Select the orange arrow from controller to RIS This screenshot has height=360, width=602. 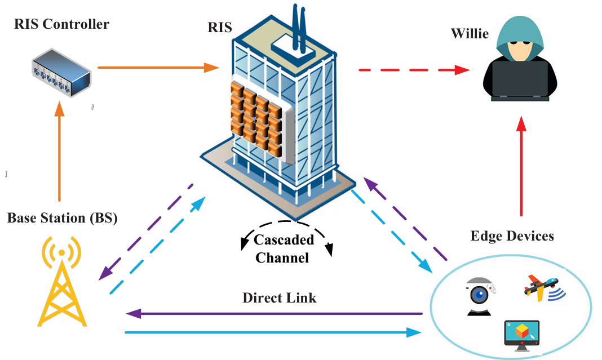click(158, 68)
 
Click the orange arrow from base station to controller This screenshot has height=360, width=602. click(60, 152)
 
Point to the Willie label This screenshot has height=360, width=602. click(469, 33)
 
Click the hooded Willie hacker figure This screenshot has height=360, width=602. click(520, 62)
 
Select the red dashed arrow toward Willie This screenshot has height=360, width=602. click(414, 70)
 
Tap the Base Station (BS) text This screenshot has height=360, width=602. click(63, 218)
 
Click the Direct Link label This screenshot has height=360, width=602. click(280, 298)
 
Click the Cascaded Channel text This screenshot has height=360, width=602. click(284, 248)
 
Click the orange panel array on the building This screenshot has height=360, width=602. click(255, 119)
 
